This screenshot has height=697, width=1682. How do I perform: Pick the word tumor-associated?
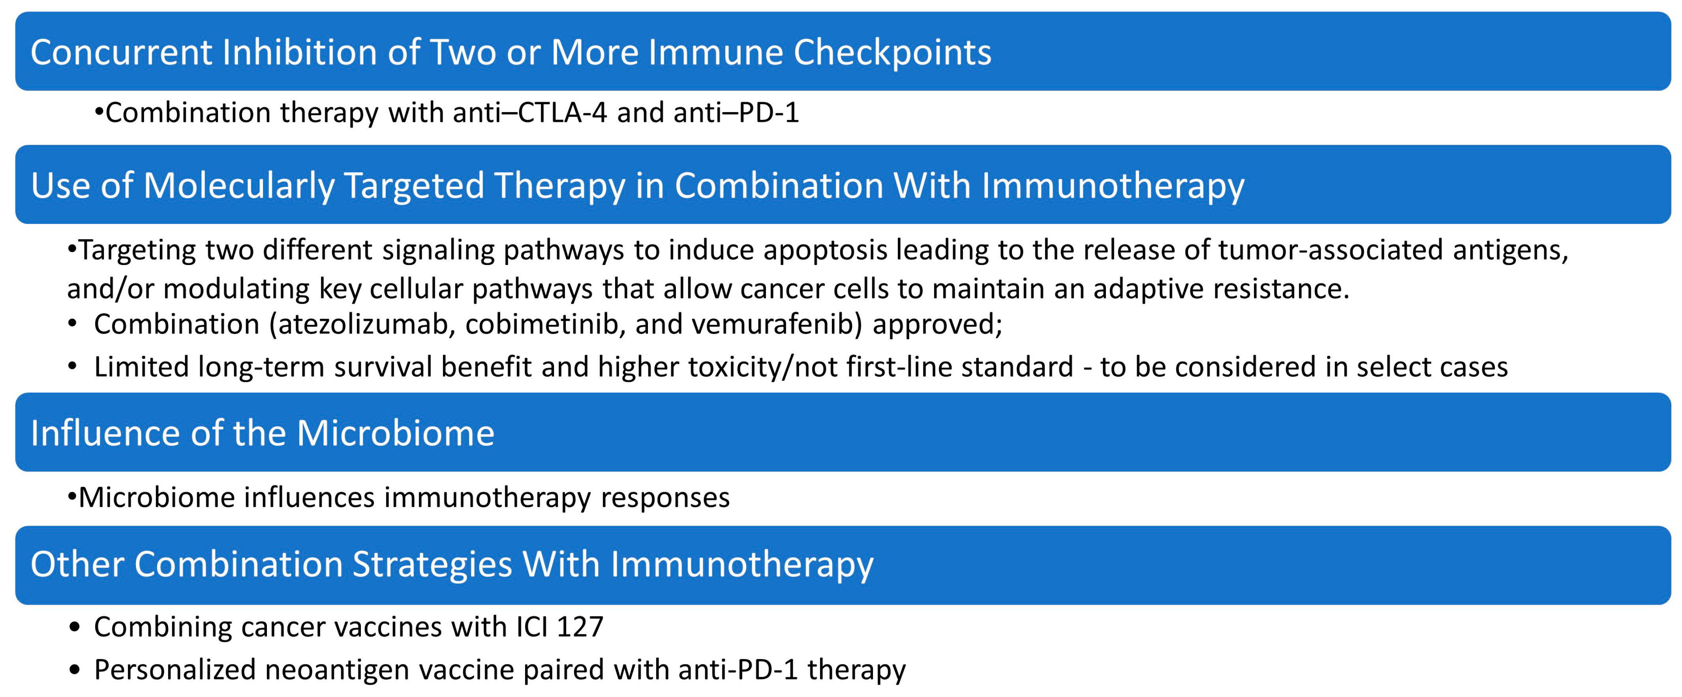1331,250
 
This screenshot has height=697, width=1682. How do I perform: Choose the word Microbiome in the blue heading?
396,433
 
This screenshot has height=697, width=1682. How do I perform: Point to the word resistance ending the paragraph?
1281,289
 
